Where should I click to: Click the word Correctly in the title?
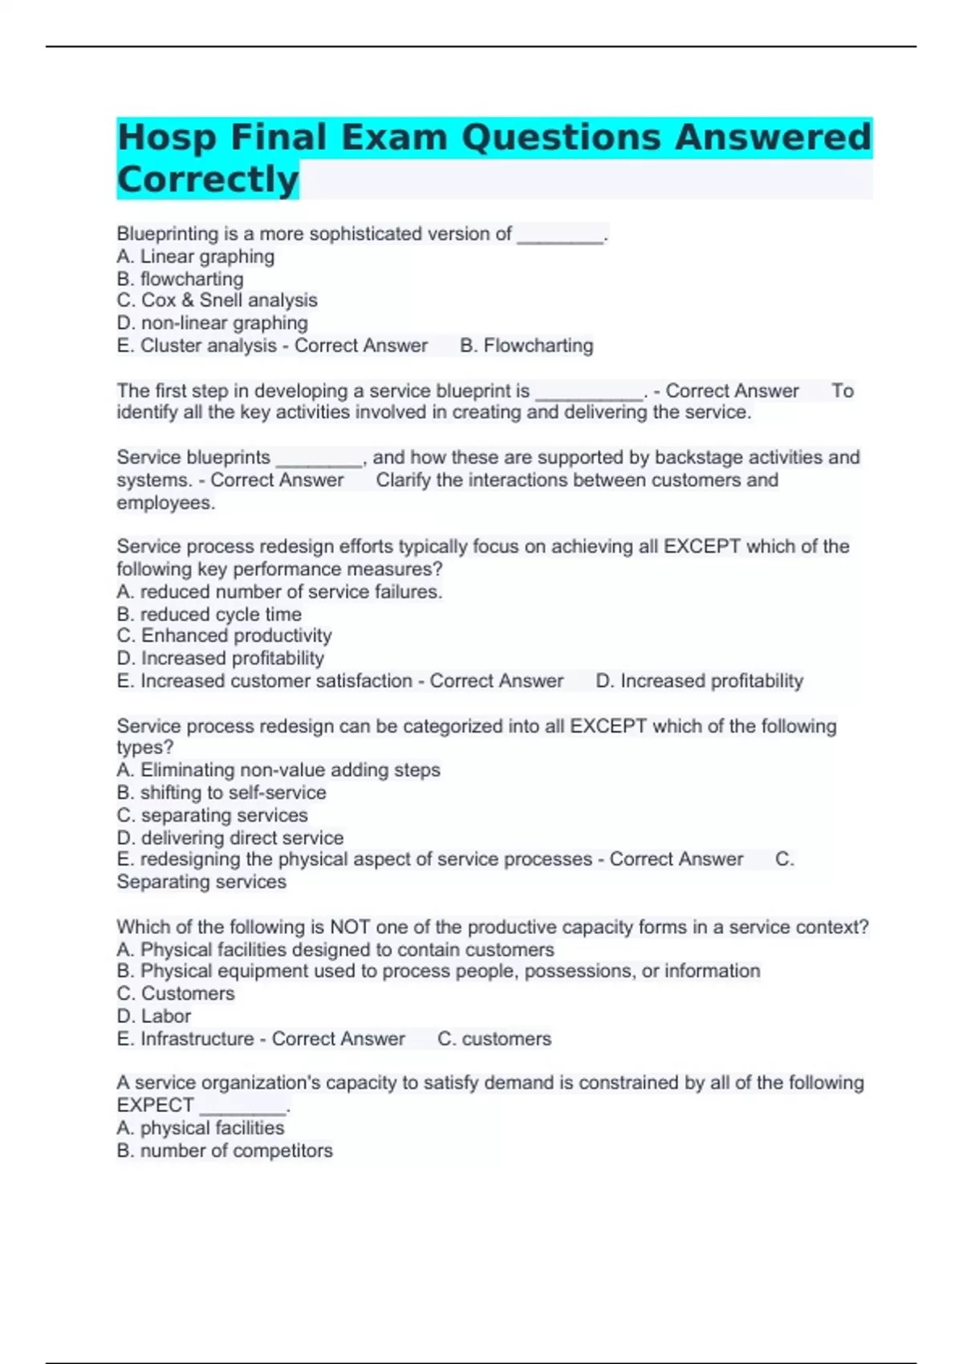pyautogui.click(x=208, y=179)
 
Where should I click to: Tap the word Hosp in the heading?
pyautogui.click(x=167, y=137)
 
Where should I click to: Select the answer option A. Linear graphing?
pyautogui.click(x=195, y=257)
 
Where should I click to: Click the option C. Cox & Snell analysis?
pyautogui.click(x=217, y=300)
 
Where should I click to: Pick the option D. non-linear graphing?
pyautogui.click(x=212, y=323)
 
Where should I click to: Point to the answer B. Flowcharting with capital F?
pyautogui.click(x=526, y=346)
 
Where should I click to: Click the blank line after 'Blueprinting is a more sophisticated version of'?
pyautogui.click(x=560, y=235)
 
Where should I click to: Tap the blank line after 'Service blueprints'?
pyautogui.click(x=319, y=459)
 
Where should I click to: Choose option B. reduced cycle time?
pyautogui.click(x=209, y=615)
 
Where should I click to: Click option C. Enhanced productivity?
pyautogui.click(x=224, y=635)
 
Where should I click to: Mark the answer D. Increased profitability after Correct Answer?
pyautogui.click(x=699, y=681)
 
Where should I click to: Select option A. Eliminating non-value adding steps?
pyautogui.click(x=278, y=770)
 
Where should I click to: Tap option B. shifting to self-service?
pyautogui.click(x=221, y=793)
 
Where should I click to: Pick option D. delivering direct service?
pyautogui.click(x=230, y=838)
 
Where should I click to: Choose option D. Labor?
pyautogui.click(x=154, y=1017)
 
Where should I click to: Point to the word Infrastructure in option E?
pyautogui.click(x=197, y=1039)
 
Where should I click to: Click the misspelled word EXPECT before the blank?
pyautogui.click(x=155, y=1105)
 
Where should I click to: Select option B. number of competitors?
pyautogui.click(x=225, y=1151)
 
